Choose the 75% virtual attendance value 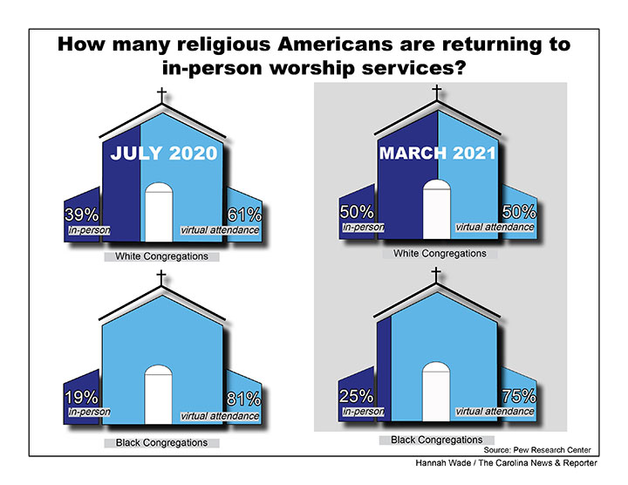[518, 395]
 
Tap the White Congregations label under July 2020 [161, 257]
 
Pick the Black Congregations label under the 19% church [161, 442]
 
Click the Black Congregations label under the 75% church [437, 440]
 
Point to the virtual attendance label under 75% [495, 411]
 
